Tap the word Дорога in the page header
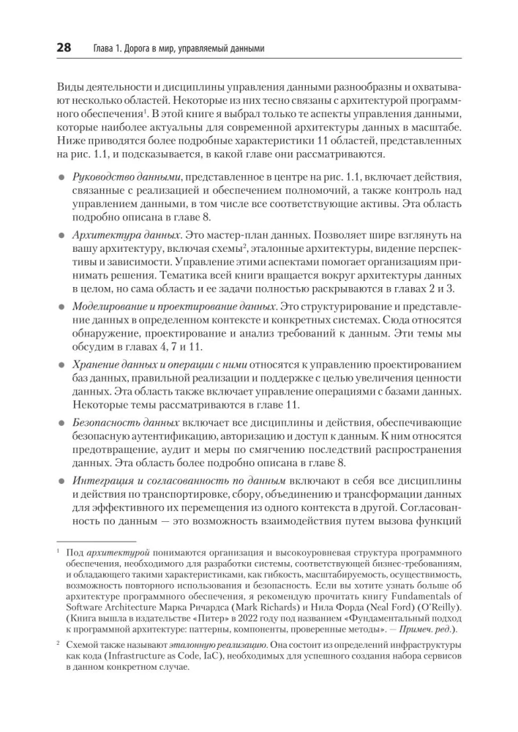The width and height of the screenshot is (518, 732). (133, 49)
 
